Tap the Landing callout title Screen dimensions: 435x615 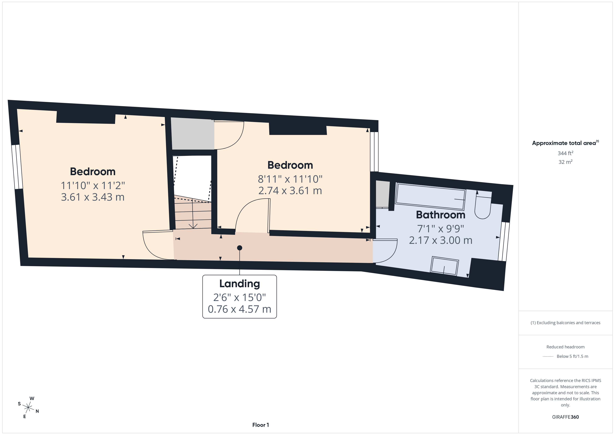240,284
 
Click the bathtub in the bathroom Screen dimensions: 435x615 430,196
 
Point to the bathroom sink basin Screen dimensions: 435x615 444,266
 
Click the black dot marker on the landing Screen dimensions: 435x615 240,248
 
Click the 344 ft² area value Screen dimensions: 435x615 565,153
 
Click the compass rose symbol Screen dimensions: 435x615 28,408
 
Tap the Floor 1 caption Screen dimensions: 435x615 260,425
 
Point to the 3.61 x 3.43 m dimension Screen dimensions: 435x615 93,197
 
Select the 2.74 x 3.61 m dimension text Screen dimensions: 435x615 290,191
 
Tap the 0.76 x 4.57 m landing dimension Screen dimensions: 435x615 240,309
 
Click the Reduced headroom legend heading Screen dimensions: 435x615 565,347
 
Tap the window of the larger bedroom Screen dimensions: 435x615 17,167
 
